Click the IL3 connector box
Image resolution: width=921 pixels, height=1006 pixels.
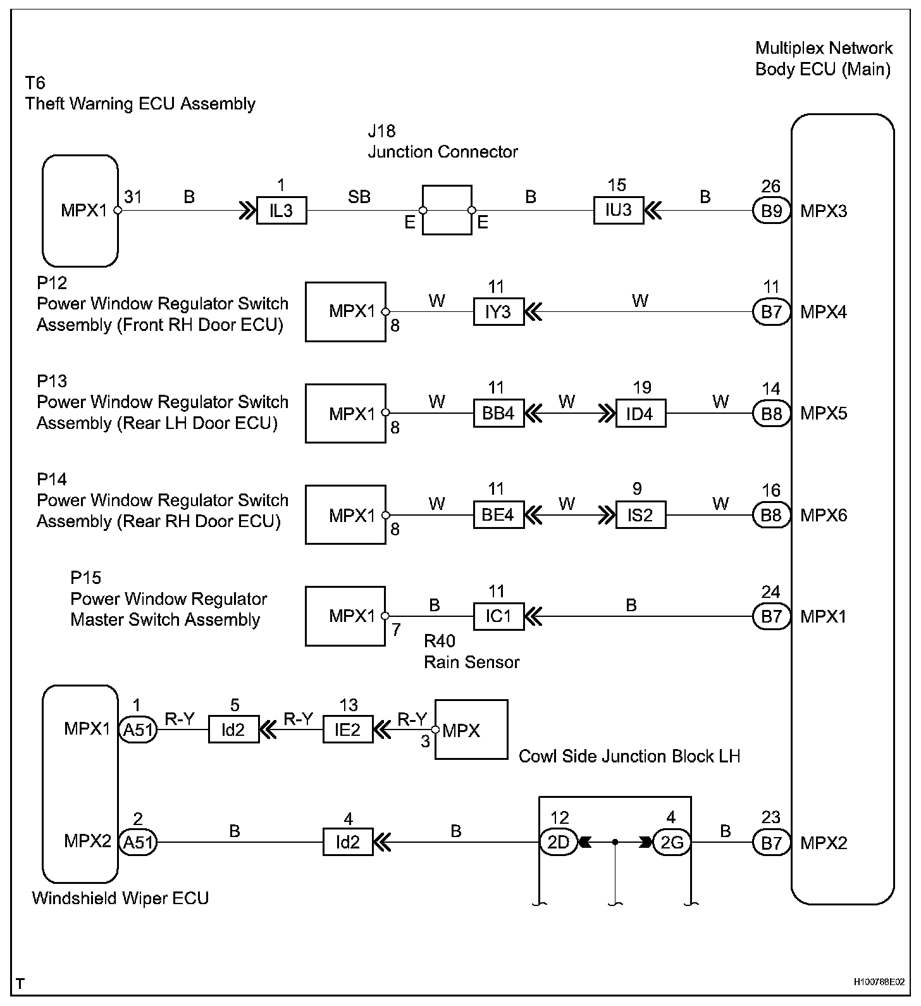point(281,211)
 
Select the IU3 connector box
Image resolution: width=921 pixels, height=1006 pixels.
point(618,211)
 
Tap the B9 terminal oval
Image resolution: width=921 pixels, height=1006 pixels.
point(771,211)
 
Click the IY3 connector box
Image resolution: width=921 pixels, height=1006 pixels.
point(498,312)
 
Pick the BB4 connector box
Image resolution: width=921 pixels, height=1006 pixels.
point(498,414)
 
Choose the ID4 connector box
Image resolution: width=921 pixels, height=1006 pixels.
point(640,414)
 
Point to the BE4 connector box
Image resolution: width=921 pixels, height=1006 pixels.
point(498,515)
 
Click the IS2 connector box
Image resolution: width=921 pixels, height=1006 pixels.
point(640,515)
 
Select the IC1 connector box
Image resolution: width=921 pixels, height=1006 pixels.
point(498,616)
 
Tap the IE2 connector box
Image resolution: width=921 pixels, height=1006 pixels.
point(347,730)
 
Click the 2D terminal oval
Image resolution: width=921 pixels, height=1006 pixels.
point(558,842)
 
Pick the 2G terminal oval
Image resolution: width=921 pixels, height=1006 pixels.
point(671,842)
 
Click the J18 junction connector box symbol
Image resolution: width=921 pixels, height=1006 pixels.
point(447,210)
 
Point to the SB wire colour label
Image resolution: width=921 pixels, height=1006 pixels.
point(359,197)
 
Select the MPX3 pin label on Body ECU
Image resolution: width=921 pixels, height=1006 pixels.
point(823,211)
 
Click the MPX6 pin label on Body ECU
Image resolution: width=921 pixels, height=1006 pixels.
point(823,516)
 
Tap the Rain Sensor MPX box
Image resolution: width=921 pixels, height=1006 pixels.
point(471,730)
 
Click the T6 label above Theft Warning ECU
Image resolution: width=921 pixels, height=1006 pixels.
point(35,83)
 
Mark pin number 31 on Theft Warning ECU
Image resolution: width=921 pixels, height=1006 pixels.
point(133,197)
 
